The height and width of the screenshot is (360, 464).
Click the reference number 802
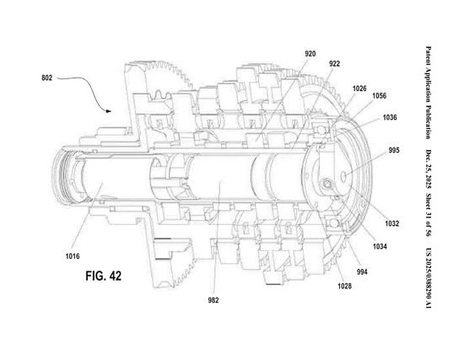tap(46, 78)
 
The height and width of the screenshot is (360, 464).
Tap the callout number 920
tap(310, 54)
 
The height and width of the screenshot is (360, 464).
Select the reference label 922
tap(334, 64)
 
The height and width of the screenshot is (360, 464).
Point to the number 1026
tap(359, 89)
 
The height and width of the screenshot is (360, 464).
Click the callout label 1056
tap(379, 96)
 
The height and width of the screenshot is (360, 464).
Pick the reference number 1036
tap(390, 117)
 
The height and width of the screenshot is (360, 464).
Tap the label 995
tap(394, 150)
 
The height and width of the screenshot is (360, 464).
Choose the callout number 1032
tap(391, 223)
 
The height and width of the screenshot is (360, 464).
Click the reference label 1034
tap(380, 246)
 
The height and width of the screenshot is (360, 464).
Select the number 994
tap(362, 271)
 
